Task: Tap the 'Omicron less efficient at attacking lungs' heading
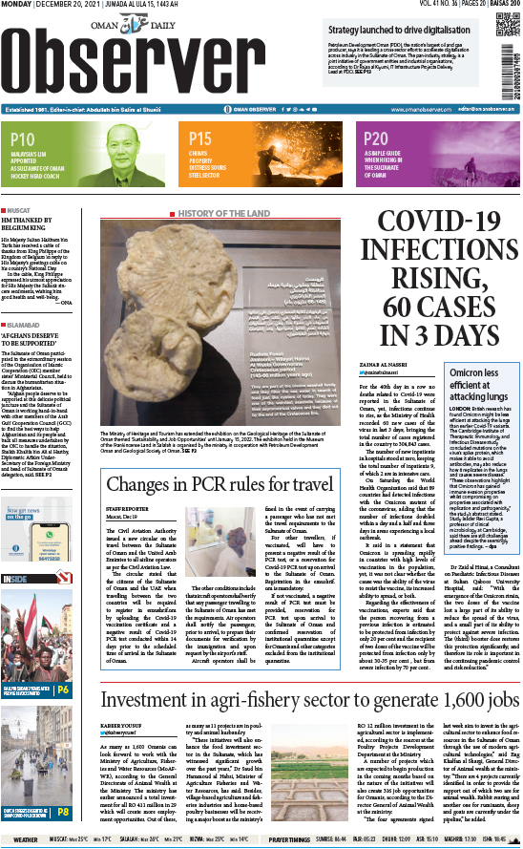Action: pos(456,405)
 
